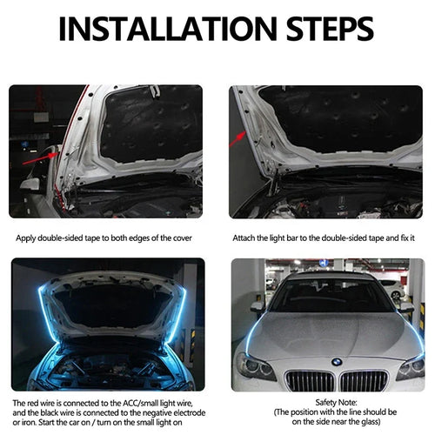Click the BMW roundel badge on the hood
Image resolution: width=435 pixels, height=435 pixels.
click(336, 362)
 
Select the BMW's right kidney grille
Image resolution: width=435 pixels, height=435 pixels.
click(364, 380)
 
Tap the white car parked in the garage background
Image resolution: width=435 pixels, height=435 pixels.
click(391, 288)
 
